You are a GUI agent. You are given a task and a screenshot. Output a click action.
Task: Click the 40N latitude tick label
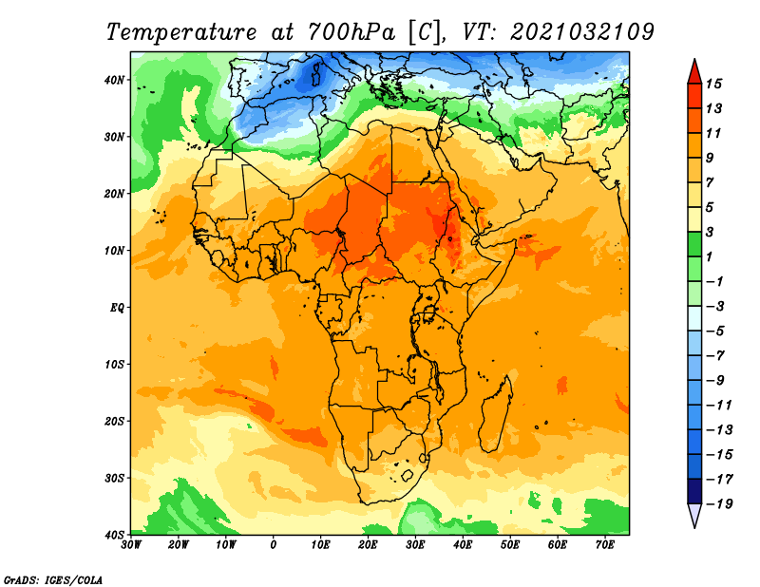pos(114,80)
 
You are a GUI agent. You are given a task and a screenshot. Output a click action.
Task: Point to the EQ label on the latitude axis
pos(117,308)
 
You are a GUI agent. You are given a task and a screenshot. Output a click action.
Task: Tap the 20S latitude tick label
pos(114,421)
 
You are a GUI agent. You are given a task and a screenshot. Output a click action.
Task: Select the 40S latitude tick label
pos(114,535)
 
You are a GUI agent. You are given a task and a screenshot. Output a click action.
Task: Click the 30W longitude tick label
pos(131,545)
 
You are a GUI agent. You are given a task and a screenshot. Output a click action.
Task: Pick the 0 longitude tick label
pos(274,545)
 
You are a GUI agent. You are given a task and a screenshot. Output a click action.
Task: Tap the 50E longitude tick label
pos(510,545)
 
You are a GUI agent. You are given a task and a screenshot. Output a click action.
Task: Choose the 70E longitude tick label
pos(605,545)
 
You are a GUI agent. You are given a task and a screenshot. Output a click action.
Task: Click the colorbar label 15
pos(713,84)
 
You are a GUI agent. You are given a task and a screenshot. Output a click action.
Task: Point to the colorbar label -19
pos(720,504)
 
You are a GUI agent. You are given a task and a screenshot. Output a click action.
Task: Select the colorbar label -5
pos(716,331)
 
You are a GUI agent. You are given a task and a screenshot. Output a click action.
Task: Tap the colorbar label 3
pos(710,232)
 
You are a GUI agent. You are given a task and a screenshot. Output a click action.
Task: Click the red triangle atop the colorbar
pos(694,72)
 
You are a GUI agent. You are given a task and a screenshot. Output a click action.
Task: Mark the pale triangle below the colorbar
pos(694,514)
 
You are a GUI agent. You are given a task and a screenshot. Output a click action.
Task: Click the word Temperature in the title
pos(180,32)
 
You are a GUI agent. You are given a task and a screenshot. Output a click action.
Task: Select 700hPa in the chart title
pos(351,32)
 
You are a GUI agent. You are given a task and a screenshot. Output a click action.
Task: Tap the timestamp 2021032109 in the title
pos(582,32)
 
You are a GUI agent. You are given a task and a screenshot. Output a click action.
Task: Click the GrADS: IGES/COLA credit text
pos(53,580)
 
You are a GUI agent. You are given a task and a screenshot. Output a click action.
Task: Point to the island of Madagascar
pos(497,414)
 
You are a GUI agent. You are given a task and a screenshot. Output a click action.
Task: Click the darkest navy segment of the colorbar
pos(694,491)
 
